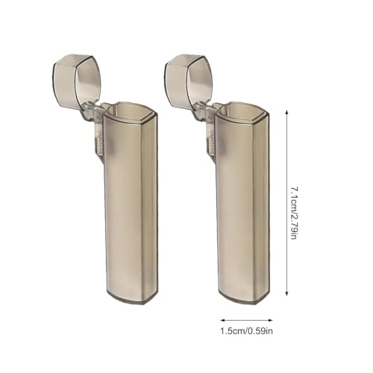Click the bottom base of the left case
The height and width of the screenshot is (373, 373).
pyautogui.click(x=132, y=297)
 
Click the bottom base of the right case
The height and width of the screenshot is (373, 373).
pyautogui.click(x=244, y=297)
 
